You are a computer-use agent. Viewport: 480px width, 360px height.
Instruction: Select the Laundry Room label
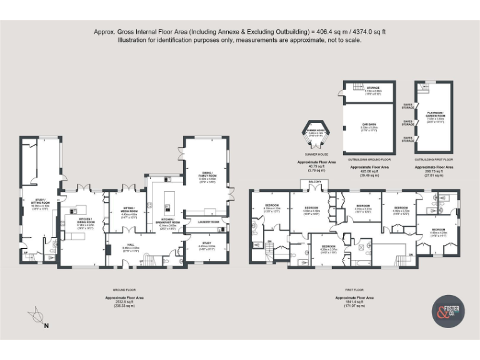point(208,222)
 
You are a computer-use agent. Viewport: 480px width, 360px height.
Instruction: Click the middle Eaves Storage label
point(407,122)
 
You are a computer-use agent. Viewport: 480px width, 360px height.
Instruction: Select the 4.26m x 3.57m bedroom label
point(329,248)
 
